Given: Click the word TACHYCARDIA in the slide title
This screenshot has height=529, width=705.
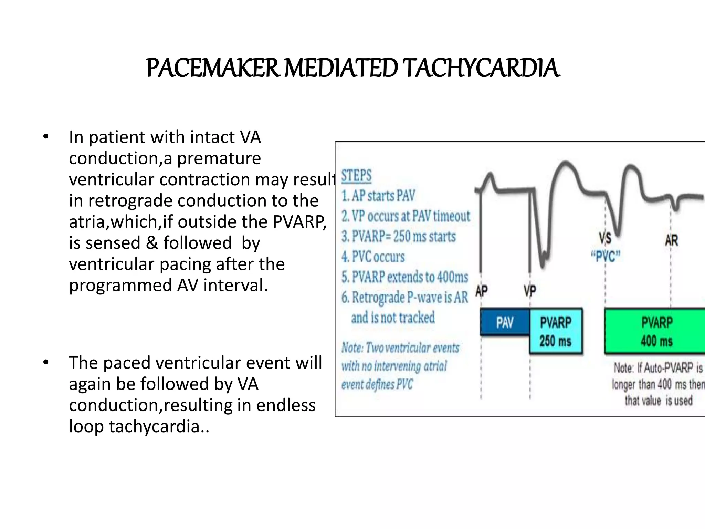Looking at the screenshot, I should coord(481,68).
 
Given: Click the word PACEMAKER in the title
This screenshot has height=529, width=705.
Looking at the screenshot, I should coord(212,68).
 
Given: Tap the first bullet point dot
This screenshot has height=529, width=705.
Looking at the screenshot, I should coord(46,137).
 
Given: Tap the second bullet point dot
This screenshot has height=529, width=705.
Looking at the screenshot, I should coord(46,363).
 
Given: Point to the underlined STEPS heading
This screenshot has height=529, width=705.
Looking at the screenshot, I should coord(356,176).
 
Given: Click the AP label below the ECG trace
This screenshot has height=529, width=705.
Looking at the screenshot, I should coord(482,291).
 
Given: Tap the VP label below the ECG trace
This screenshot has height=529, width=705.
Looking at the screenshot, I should coord(530,291).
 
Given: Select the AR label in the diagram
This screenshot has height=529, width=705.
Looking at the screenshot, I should coord(671,240).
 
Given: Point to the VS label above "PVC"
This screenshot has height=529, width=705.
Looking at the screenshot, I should coord(605,238).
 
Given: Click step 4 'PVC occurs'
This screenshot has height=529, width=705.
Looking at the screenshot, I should coord(373,257).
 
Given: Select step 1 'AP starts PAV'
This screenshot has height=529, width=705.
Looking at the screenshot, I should coord(378,196).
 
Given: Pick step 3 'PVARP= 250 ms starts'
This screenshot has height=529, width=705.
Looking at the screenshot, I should coord(399,237).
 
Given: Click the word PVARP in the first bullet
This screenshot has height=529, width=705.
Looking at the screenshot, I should coord(299,222).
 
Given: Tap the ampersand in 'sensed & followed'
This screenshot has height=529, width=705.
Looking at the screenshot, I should coord(151,243).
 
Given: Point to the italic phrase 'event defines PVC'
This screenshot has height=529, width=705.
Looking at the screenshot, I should coord(377,384).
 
